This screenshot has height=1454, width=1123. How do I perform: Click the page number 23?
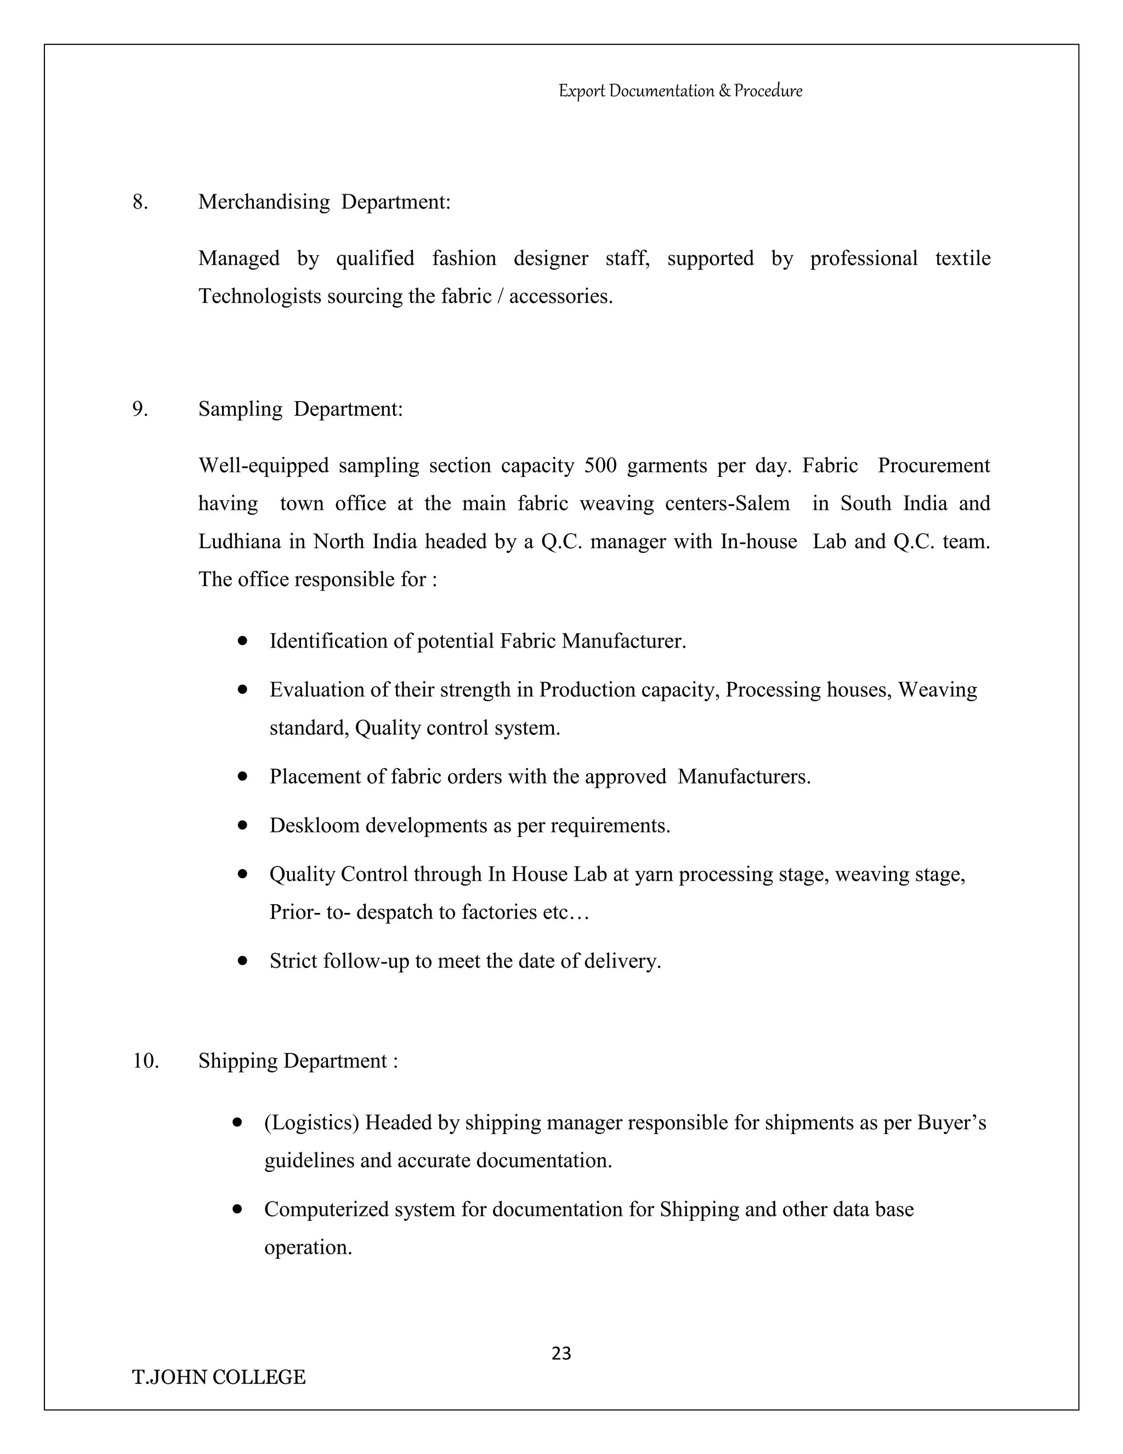coord(561,1354)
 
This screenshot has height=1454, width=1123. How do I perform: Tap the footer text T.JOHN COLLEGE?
coord(219,1377)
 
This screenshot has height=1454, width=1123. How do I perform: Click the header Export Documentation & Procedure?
coord(680,91)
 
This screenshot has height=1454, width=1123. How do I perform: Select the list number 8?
coord(140,202)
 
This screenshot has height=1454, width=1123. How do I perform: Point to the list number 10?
coord(146,1061)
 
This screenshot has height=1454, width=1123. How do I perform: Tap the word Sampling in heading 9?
coord(240,409)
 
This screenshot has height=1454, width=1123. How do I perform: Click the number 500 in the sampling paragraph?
coord(599,465)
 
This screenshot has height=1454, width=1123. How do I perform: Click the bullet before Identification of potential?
coord(243,640)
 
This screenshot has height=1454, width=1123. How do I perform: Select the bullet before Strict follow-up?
coord(243,961)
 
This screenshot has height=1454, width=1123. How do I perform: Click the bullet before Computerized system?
coord(237,1208)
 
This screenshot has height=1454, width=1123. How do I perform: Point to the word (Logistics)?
coord(311,1123)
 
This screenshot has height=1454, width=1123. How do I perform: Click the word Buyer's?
coord(951,1123)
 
